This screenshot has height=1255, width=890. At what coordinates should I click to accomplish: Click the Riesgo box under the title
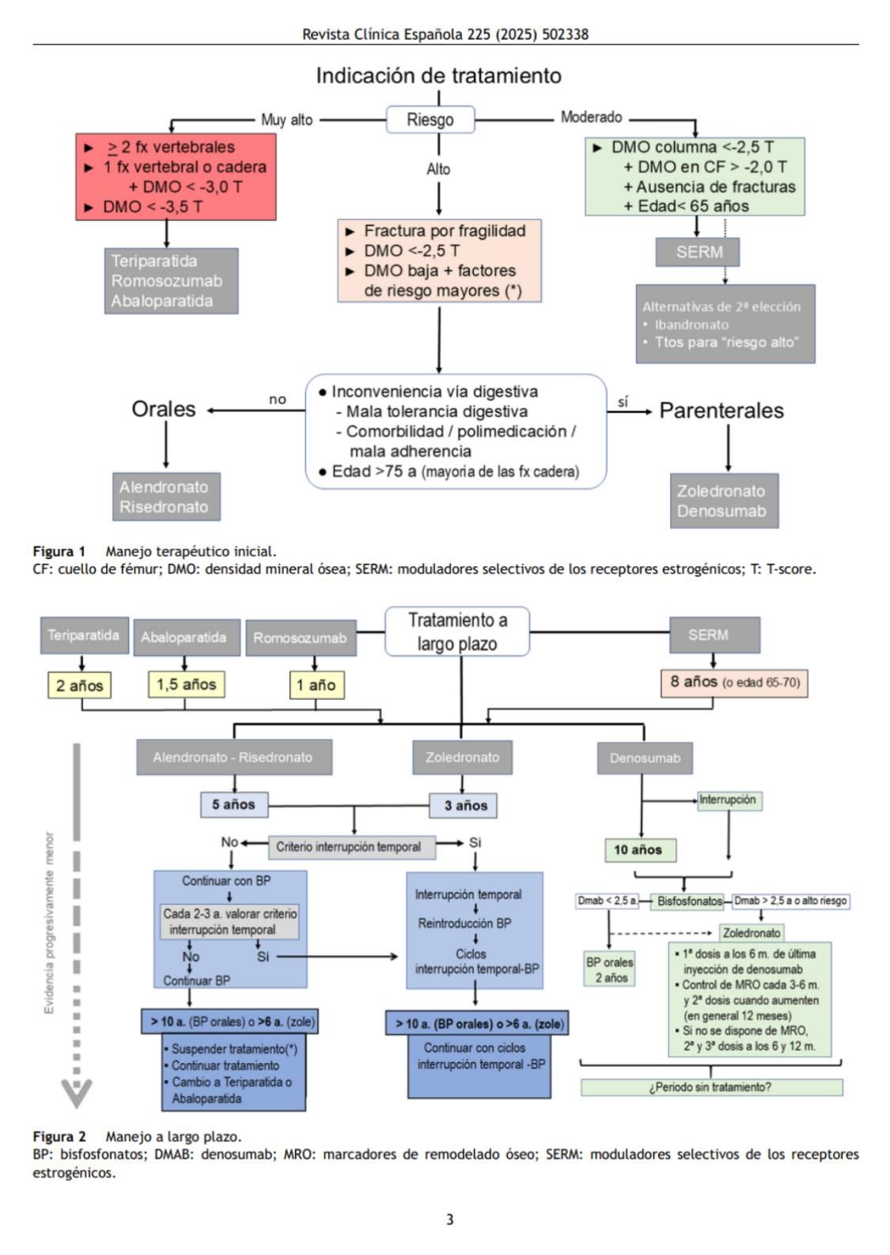click(430, 120)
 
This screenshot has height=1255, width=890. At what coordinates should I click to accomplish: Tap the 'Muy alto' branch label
click(286, 120)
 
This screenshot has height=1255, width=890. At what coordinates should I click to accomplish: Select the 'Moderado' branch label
click(591, 117)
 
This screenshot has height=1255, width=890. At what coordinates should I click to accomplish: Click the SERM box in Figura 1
click(699, 252)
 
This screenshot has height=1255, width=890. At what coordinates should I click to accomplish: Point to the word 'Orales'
click(163, 409)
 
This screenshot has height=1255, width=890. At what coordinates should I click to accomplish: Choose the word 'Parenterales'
click(721, 410)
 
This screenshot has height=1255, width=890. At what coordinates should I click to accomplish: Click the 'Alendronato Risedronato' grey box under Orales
click(164, 497)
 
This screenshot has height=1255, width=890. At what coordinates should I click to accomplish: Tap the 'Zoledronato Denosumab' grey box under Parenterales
click(723, 501)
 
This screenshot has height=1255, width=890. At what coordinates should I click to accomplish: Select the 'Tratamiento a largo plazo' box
click(457, 632)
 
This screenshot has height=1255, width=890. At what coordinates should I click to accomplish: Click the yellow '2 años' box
click(79, 685)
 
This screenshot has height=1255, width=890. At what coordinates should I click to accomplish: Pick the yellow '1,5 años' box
click(186, 684)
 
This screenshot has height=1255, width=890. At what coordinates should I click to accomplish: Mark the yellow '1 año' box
click(316, 685)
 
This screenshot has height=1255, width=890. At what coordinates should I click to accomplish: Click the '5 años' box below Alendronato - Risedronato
click(233, 805)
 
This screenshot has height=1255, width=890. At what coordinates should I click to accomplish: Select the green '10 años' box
click(638, 850)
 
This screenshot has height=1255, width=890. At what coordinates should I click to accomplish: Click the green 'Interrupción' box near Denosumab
click(728, 800)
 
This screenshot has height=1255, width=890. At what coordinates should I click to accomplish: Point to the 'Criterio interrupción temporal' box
click(349, 847)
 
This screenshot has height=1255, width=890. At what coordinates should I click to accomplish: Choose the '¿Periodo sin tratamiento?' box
click(710, 1087)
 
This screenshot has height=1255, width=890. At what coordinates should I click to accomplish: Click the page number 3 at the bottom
click(449, 1219)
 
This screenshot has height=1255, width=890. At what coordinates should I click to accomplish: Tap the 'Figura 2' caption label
click(59, 1136)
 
